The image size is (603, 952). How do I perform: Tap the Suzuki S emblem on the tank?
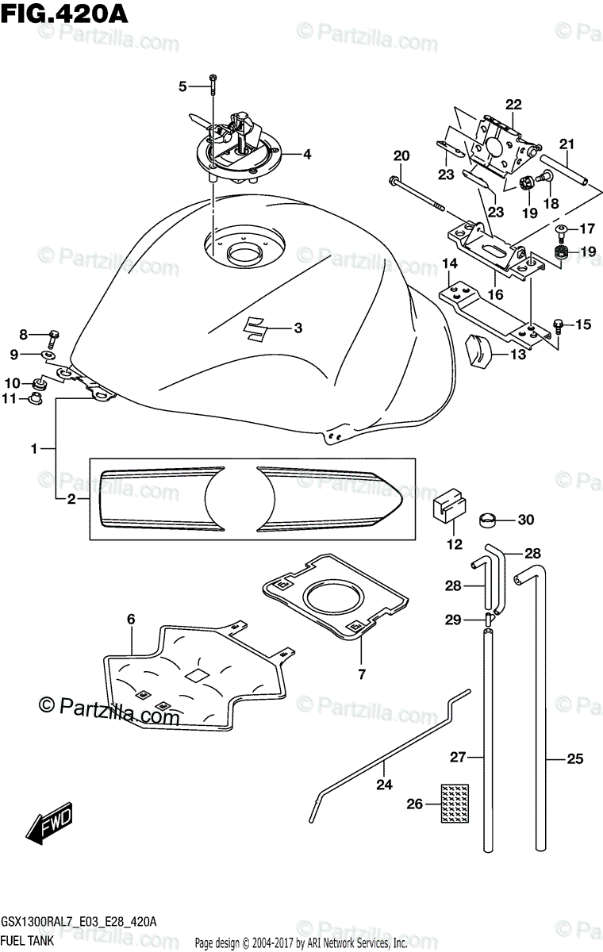click(x=256, y=328)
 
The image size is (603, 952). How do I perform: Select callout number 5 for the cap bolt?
click(x=182, y=86)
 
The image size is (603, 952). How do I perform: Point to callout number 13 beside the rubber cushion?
click(x=517, y=355)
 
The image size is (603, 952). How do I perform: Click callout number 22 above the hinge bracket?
click(x=513, y=104)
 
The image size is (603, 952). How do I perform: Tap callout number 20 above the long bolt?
click(x=401, y=155)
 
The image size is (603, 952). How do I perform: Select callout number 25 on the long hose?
click(x=574, y=759)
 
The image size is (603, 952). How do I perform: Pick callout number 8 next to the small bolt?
click(x=23, y=334)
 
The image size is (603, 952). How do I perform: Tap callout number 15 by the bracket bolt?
click(x=584, y=324)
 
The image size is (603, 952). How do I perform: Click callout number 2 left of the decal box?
click(x=71, y=499)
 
